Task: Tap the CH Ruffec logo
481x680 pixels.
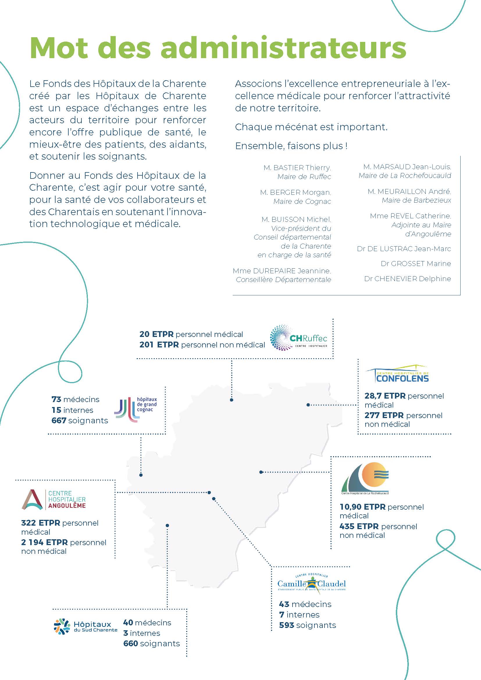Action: click(298, 338)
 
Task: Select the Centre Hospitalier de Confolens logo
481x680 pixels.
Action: click(397, 374)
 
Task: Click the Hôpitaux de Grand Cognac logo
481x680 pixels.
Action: click(135, 409)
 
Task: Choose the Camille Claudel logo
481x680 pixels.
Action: click(311, 583)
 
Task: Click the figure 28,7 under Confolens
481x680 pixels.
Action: click(374, 396)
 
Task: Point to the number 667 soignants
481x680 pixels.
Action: click(59, 420)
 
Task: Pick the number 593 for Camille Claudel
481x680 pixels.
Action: click(286, 625)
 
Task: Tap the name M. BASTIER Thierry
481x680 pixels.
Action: click(297, 168)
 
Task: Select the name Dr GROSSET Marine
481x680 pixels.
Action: click(416, 264)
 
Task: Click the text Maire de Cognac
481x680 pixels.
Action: click(302, 201)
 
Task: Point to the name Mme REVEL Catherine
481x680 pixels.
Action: click(410, 216)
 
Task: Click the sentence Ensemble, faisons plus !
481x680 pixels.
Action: click(291, 146)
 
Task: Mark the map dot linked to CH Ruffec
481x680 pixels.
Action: click(231, 400)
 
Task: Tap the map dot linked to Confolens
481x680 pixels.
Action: click(308, 405)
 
